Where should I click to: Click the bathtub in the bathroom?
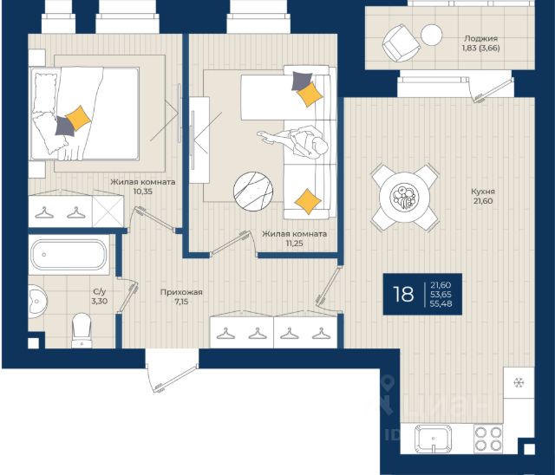click(69, 255)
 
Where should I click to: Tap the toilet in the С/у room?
click(82, 330)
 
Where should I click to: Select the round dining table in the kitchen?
click(404, 196)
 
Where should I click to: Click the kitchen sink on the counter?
click(434, 438)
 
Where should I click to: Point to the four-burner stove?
click(488, 439)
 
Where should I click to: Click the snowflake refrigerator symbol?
click(519, 382)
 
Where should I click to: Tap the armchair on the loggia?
click(401, 42)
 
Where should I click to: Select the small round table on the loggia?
click(432, 35)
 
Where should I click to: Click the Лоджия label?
click(481, 38)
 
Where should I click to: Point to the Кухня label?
click(483, 192)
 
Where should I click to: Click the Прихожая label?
click(181, 292)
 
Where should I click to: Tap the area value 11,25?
click(295, 244)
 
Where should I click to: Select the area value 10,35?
click(142, 192)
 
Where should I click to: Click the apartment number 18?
click(403, 294)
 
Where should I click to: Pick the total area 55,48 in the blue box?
click(441, 303)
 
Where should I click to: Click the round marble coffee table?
click(253, 191)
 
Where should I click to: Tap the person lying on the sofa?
click(293, 140)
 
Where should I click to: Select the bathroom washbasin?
click(36, 300)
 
